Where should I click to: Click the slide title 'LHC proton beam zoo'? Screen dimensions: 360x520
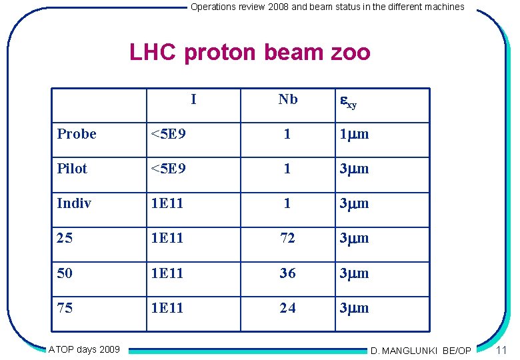pyautogui.click(x=249, y=51)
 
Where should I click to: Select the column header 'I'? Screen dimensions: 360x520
pyautogui.click(x=193, y=99)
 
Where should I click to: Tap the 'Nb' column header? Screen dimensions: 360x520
pyautogui.click(x=288, y=99)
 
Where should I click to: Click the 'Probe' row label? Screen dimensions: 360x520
pyautogui.click(x=77, y=134)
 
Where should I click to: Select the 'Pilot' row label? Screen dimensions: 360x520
pyautogui.click(x=72, y=169)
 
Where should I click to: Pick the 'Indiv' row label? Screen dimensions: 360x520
pyautogui.click(x=74, y=203)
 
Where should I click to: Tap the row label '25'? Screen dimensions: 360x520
pyautogui.click(x=65, y=238)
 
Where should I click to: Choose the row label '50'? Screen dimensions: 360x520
pyautogui.click(x=65, y=273)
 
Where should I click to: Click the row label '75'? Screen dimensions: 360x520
pyautogui.click(x=65, y=308)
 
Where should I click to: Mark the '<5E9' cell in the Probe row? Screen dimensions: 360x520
pyautogui.click(x=168, y=134)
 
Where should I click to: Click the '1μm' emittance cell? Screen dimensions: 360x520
pyautogui.click(x=354, y=134)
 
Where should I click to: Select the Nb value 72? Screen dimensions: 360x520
pyautogui.click(x=287, y=238)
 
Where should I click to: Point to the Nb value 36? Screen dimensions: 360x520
pyautogui.click(x=287, y=273)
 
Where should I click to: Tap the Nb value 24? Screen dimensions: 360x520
pyautogui.click(x=287, y=308)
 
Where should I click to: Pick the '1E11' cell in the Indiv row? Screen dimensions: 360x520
pyautogui.click(x=167, y=203)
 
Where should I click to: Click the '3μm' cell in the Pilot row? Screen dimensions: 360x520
pyautogui.click(x=354, y=169)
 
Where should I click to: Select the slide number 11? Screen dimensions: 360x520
pyautogui.click(x=502, y=350)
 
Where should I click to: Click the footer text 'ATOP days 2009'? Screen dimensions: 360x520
pyautogui.click(x=84, y=349)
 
